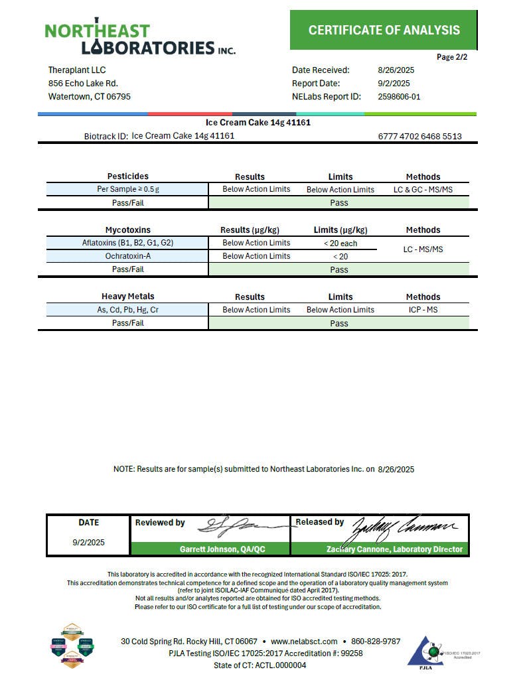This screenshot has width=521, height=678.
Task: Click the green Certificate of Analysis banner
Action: pyautogui.click(x=384, y=30)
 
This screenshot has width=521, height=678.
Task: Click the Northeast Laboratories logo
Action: pyautogui.click(x=140, y=39)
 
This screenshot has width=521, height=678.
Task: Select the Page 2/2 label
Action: pyautogui.click(x=452, y=57)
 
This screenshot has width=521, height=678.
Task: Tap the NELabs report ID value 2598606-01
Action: pyautogui.click(x=399, y=97)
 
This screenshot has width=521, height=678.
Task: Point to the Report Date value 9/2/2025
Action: pyautogui.click(x=394, y=84)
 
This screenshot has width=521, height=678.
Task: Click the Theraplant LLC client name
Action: pyautogui.click(x=77, y=70)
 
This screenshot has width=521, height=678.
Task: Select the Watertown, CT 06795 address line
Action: pyautogui.click(x=90, y=97)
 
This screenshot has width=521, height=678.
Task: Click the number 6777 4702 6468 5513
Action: pyautogui.click(x=419, y=137)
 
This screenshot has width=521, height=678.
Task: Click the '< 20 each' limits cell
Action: pyautogui.click(x=340, y=243)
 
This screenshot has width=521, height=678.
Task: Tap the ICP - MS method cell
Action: pyautogui.click(x=423, y=310)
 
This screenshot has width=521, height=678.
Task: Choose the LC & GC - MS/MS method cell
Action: pyautogui.click(x=423, y=190)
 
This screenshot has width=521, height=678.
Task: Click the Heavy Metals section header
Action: pyautogui.click(x=127, y=297)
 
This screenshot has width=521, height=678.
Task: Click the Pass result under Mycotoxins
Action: pyautogui.click(x=338, y=270)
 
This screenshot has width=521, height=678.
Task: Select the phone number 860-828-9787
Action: pyautogui.click(x=375, y=642)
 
